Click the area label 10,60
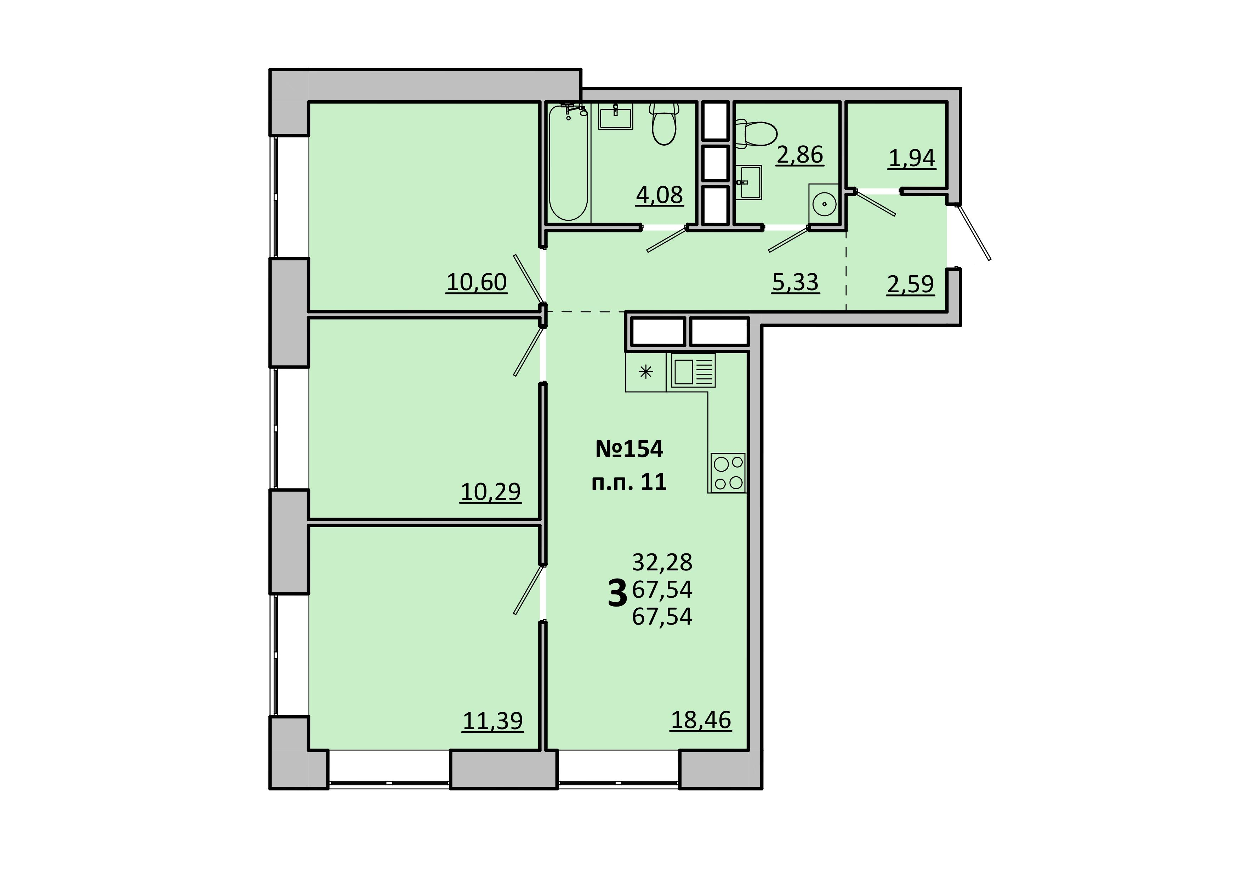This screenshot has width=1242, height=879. point(477,282)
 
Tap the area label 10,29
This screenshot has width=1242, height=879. point(491,492)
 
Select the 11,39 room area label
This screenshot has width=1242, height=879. point(493,721)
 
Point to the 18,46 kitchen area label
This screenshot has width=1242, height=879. point(701,720)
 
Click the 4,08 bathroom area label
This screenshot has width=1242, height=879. point(659,195)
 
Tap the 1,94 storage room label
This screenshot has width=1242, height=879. point(912,159)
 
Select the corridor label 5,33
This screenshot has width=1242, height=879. point(796,282)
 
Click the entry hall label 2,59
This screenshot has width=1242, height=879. point(910,284)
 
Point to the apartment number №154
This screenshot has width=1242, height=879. point(629,449)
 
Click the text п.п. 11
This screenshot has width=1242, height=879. point(629,482)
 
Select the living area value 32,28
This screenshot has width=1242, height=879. point(662,563)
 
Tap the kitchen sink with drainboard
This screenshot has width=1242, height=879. point(694,370)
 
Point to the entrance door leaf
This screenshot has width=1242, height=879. point(974,233)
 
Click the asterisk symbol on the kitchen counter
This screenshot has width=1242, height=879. point(646,372)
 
